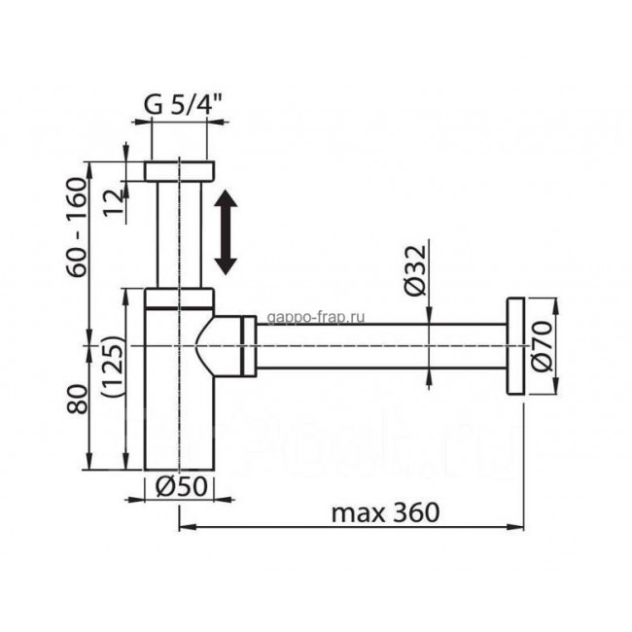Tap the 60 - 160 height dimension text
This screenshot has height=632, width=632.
(x=77, y=227)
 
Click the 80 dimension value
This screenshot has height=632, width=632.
(x=77, y=399)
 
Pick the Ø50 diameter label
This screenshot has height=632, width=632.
(x=181, y=487)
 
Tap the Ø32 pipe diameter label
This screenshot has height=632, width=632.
(x=415, y=270)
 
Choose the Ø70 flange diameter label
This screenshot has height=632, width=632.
(x=541, y=346)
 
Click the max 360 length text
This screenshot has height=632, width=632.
(x=385, y=513)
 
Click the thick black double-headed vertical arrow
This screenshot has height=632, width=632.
(x=226, y=232)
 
